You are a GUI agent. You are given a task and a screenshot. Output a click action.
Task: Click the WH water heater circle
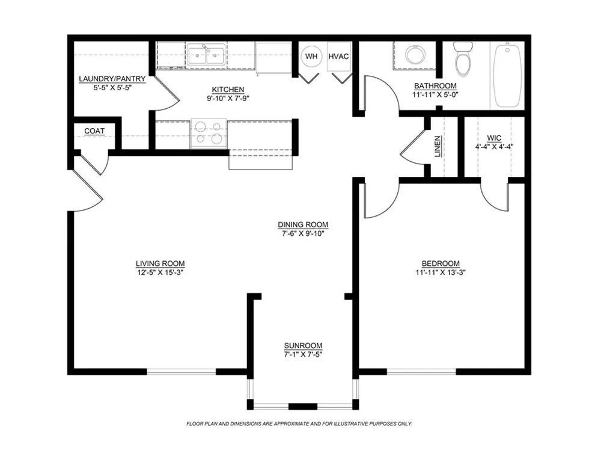point(311,57)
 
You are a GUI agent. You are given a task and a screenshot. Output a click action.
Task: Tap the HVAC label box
point(338,57)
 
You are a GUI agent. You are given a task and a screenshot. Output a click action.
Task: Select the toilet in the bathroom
point(463,58)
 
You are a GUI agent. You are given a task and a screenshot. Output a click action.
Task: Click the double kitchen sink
point(206,55)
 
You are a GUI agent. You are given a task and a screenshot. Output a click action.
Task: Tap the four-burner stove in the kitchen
point(209,133)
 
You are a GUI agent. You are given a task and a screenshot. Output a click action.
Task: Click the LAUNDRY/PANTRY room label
point(112,79)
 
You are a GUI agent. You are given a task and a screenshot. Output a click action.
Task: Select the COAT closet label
point(94,131)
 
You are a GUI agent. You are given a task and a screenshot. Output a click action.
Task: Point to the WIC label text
point(494,138)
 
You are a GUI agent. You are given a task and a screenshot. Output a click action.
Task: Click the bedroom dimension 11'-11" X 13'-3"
point(441,272)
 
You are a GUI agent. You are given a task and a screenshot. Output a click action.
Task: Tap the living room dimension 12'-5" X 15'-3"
point(160,272)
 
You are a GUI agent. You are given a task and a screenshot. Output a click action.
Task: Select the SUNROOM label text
point(303,346)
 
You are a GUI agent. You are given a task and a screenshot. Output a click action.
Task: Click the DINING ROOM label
point(303,224)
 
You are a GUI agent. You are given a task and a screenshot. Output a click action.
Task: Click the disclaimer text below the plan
point(299,424)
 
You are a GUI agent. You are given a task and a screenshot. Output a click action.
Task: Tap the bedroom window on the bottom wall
point(421,372)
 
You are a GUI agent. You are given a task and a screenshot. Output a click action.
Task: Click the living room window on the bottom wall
point(182,372)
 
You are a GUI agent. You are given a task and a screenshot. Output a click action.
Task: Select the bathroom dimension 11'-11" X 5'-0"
point(435,94)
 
